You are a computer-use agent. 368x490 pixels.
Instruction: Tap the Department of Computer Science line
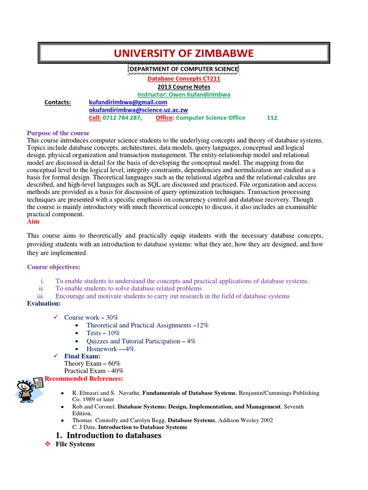pos(184,69)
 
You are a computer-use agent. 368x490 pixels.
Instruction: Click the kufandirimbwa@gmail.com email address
pos(128,102)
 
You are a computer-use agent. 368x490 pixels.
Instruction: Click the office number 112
pos(272,118)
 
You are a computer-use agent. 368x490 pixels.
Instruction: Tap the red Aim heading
pos(33,222)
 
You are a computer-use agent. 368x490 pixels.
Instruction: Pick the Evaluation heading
pos(44,304)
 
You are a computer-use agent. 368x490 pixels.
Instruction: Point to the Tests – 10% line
pos(101,333)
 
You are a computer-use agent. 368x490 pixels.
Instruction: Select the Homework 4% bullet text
pos(110,349)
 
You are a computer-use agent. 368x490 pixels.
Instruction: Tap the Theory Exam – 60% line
pos(92,364)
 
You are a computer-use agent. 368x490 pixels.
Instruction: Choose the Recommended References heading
pos(84,379)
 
